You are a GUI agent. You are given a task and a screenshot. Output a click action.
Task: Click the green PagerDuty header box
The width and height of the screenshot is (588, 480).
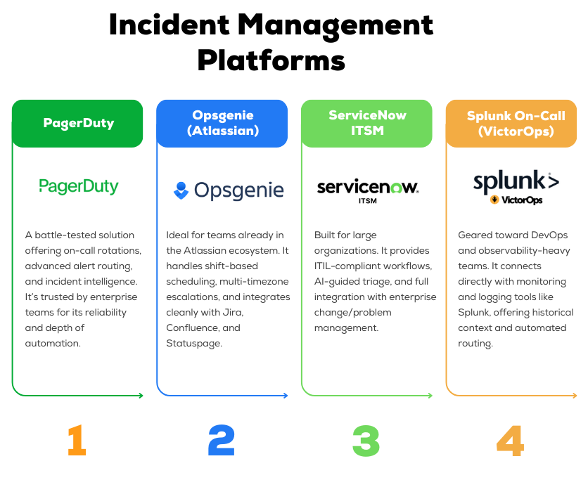[x=77, y=124]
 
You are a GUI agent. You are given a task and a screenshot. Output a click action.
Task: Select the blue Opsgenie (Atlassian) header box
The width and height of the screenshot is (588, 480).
[x=222, y=124]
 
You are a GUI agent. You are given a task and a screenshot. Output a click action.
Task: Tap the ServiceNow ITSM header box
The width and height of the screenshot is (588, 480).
[x=366, y=124]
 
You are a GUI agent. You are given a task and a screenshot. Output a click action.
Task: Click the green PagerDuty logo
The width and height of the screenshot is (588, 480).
[x=78, y=186]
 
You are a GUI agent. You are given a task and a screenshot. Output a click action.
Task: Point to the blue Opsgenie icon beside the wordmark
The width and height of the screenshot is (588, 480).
[x=181, y=190]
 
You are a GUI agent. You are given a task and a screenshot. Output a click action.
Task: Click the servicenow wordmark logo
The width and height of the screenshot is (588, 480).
[x=367, y=187]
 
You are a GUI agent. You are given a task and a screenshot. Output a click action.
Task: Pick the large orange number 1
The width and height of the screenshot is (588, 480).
[x=77, y=441]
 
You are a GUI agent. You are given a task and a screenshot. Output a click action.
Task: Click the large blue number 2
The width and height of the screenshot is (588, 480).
[x=222, y=441]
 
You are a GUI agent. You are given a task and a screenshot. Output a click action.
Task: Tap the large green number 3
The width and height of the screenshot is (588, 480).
[x=366, y=441]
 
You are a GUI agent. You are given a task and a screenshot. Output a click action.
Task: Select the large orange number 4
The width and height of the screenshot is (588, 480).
[x=511, y=441]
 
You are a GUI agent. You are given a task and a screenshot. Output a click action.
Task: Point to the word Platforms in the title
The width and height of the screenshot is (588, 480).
[x=271, y=60]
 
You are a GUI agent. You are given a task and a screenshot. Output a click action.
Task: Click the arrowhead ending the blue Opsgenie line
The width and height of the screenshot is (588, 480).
[x=285, y=396]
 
